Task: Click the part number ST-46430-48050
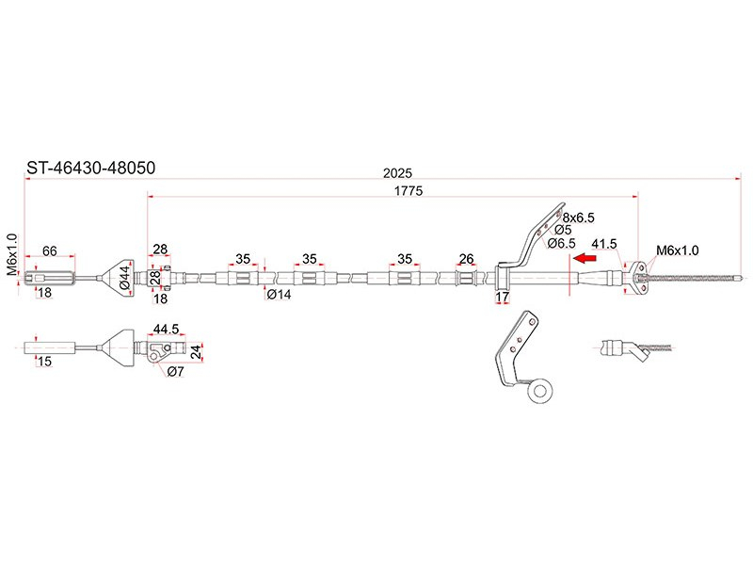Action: [89, 169]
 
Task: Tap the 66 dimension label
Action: [50, 250]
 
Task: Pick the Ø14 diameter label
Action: [279, 294]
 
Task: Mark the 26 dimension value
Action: [465, 258]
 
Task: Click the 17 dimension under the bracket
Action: [502, 299]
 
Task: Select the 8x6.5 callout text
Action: [579, 218]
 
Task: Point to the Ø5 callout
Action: [563, 230]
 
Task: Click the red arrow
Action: [586, 257]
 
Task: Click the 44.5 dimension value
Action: [166, 330]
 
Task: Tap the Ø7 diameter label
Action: [175, 372]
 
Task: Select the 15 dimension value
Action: [43, 362]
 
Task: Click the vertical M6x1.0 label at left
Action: [12, 255]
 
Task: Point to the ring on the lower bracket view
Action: [540, 389]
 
